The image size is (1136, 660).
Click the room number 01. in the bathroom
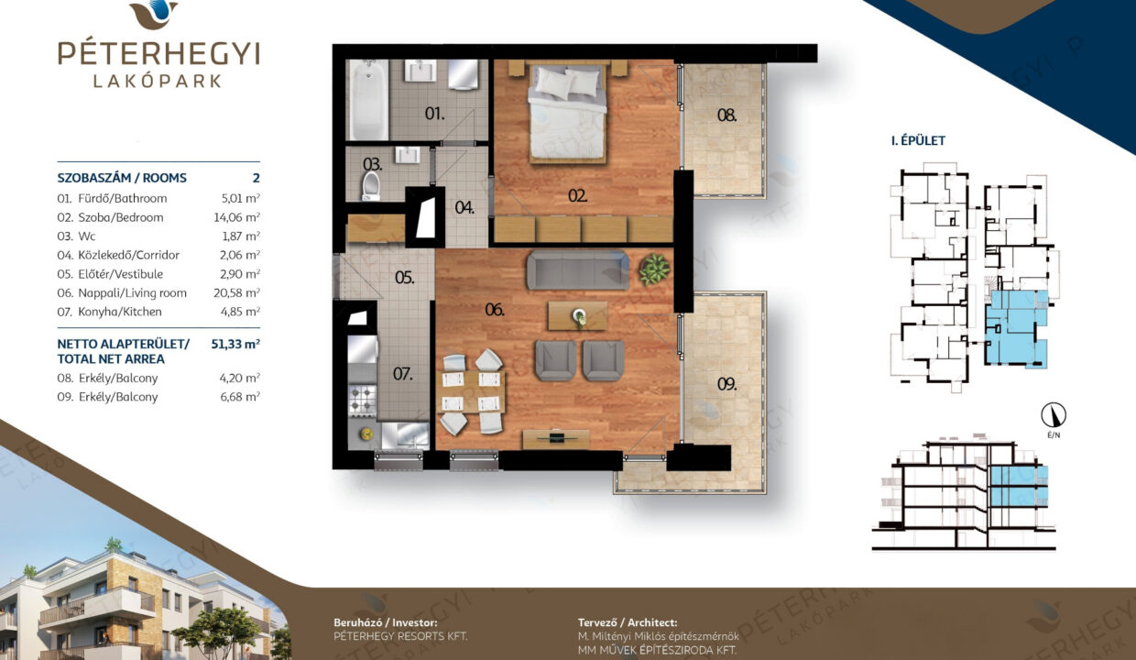[x=434, y=113]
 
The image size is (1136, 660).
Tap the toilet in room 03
[x=371, y=186]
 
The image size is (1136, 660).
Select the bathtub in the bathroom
[x=367, y=99]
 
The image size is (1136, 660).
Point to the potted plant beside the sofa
[x=654, y=269]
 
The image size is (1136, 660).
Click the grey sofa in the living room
[x=578, y=269]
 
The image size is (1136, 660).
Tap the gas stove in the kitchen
[x=363, y=399]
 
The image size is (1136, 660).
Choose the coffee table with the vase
[x=577, y=316]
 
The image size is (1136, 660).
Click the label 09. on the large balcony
[x=726, y=384]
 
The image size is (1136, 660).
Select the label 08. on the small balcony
[x=726, y=115]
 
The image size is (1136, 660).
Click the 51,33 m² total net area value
[x=235, y=344]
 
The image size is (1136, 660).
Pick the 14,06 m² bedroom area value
[x=237, y=217]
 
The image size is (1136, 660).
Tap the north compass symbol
[x=1054, y=415]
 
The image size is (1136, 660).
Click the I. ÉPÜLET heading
[x=919, y=140]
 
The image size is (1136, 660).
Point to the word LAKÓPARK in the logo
[x=158, y=81]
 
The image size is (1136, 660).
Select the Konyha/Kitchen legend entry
[x=110, y=312]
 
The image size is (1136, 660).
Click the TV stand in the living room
[x=556, y=439]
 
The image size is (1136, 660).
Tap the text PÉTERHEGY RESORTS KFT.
[x=400, y=636]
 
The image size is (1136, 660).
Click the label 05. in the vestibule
[x=404, y=278]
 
